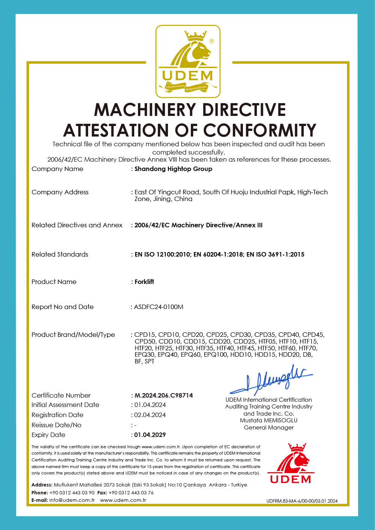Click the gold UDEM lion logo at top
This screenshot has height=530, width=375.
click(x=188, y=61)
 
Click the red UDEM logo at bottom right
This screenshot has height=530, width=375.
click(x=291, y=464)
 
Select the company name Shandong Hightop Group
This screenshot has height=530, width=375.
click(x=173, y=169)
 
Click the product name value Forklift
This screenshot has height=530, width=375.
click(x=144, y=282)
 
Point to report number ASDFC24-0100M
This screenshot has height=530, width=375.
click(x=159, y=307)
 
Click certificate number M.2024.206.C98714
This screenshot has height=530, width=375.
click(x=164, y=395)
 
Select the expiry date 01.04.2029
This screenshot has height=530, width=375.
click(x=150, y=435)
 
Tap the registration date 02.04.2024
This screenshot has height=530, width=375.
click(x=150, y=415)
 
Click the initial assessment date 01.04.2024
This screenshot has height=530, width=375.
click(x=150, y=405)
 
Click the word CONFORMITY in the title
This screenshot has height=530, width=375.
click(x=259, y=131)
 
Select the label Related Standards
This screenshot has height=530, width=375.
click(x=60, y=254)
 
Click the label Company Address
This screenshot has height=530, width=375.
click(x=60, y=192)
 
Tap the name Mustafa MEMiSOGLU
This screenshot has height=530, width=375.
click(x=268, y=420)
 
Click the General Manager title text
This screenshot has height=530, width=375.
click(x=268, y=428)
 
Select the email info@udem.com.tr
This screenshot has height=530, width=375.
click(x=72, y=500)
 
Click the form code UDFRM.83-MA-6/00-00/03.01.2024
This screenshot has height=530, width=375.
click(x=302, y=501)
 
